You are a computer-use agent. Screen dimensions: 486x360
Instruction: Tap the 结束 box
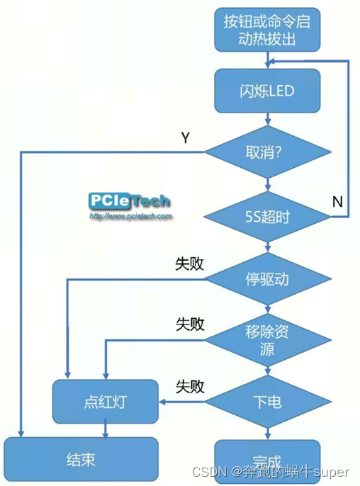pos(80,459)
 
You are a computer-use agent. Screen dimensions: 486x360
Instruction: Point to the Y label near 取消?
pos(185,138)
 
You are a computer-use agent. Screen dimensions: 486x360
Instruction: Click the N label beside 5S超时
pos(337,202)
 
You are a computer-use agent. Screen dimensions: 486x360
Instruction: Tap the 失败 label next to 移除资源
pos(190,324)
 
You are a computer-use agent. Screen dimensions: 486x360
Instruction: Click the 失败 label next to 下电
pos(190,387)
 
